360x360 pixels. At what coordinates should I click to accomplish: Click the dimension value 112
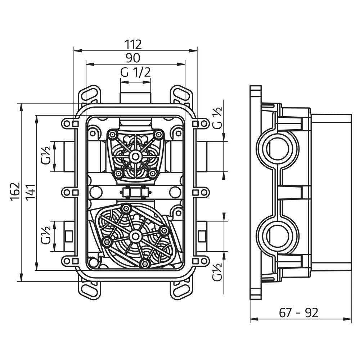point(133,44)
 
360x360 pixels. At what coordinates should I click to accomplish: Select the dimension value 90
point(133,58)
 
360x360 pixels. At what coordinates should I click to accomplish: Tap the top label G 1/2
point(135,72)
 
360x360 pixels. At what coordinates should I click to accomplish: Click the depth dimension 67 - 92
point(299,313)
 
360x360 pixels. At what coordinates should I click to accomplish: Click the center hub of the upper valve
point(135,156)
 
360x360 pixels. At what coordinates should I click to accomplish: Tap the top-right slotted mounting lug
point(181,94)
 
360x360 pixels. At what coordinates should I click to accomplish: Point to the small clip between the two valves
point(135,192)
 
